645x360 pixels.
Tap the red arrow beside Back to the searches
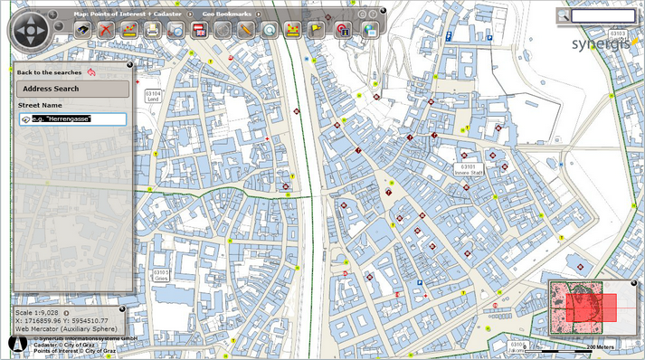pos(91,71)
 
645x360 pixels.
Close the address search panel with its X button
pos(129,65)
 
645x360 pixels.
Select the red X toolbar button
pos(107,30)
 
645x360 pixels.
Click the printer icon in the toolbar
pos(153,30)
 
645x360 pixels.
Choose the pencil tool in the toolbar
pos(245,30)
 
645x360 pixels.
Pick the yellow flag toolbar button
pos(318,30)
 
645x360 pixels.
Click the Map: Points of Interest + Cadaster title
pos(133,14)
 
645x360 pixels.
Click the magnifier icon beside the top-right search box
pos(563,15)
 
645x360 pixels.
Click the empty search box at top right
pos(603,15)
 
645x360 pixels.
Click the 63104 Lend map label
pos(153,95)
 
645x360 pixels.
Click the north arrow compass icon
pos(14,344)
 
